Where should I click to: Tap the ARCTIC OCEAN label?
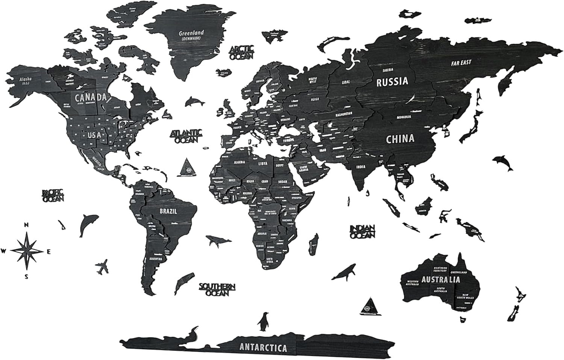click(242, 53)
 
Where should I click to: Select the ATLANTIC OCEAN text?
click(187, 136)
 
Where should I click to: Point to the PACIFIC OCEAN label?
click(53, 196)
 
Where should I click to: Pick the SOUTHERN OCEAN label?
click(217, 289)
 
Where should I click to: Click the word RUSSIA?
click(392, 81)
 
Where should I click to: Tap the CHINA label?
click(400, 139)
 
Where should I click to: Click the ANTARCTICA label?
click(263, 348)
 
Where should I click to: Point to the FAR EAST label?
click(461, 63)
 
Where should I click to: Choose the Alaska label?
click(26, 81)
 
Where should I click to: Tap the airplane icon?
click(102, 266)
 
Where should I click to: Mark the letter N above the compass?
click(26, 225)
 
